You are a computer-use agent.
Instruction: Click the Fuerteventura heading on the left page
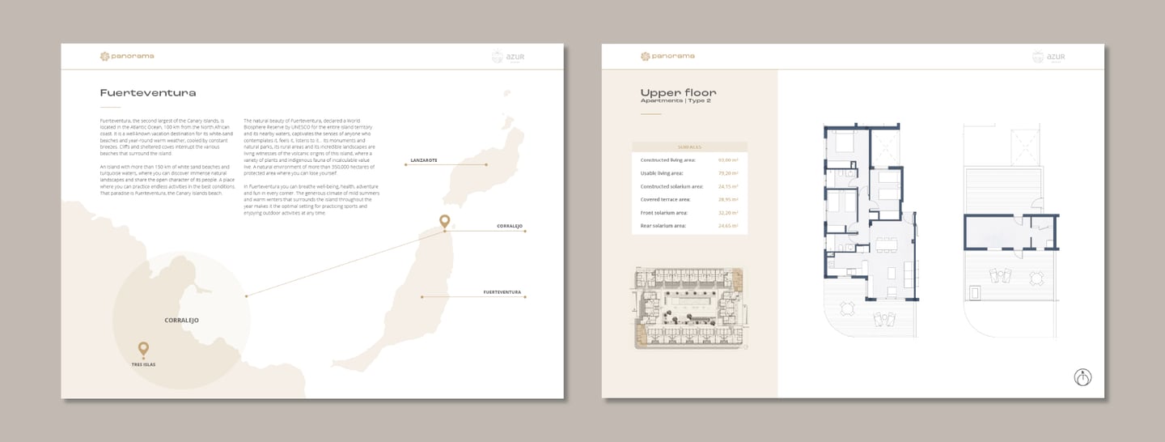[x=147, y=93]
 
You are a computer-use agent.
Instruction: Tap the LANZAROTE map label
[x=424, y=160]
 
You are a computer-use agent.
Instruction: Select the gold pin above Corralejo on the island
[x=444, y=221]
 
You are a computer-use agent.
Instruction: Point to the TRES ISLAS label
[x=143, y=365]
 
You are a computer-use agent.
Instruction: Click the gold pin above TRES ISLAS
[x=143, y=349]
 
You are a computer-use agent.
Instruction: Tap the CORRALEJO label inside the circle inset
[x=181, y=321]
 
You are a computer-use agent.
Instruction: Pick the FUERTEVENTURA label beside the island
[x=502, y=291]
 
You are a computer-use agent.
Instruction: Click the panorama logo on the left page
[x=126, y=56]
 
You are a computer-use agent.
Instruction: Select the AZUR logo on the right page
[x=1048, y=57]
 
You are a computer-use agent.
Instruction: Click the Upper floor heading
[x=678, y=93]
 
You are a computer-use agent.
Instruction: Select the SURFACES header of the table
[x=689, y=147]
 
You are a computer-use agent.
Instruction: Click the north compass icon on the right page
[x=1082, y=376]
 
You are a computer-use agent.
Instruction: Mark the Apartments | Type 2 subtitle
[x=671, y=101]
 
